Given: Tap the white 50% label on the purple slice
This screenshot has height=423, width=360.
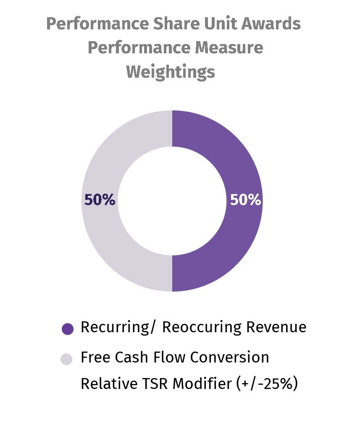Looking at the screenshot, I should pos(245,200).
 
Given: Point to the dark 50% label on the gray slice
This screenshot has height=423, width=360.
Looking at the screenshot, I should pos(100,200).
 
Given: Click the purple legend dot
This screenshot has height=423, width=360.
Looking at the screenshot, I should pos(67,328).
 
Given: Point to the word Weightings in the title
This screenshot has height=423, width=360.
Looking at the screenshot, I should pos(171,72).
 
